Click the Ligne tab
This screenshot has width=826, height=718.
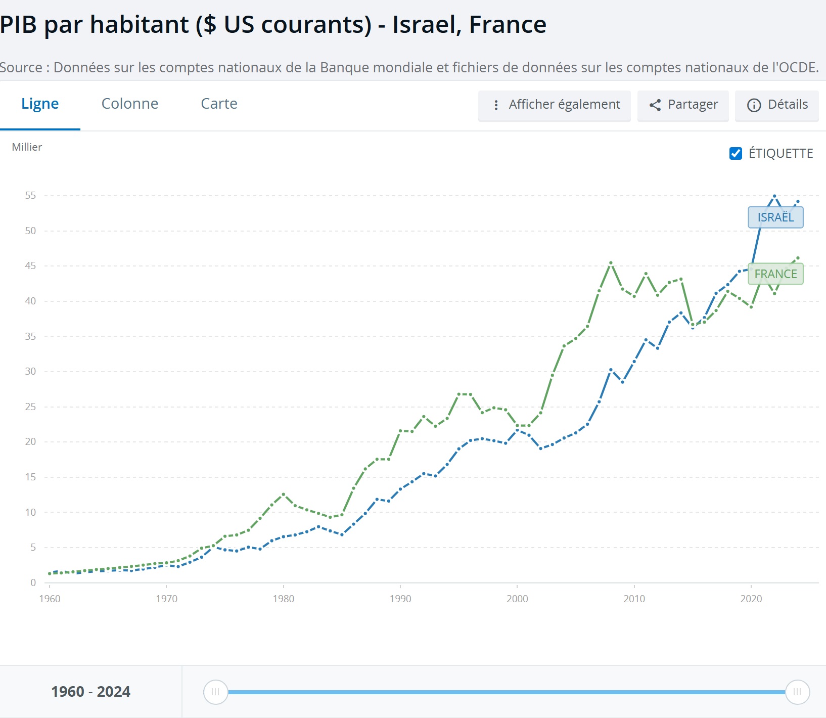tap(40, 104)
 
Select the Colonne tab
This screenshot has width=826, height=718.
tap(130, 104)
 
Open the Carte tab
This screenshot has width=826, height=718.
tap(219, 104)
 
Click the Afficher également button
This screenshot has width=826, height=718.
tap(555, 105)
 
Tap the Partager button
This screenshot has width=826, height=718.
tap(683, 105)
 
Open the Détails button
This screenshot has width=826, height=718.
tap(777, 105)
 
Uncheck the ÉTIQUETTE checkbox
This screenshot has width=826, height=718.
tap(736, 153)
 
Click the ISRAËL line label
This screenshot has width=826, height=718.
tap(775, 217)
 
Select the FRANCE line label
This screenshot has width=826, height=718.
tap(775, 274)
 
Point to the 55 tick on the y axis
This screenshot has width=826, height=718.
tap(30, 196)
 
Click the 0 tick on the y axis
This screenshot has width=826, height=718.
tap(33, 582)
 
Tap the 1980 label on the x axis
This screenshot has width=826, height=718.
tap(283, 599)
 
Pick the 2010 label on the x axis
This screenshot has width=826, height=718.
tap(634, 599)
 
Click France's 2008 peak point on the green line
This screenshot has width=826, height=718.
tap(611, 263)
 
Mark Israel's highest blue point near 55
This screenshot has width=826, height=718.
tap(774, 196)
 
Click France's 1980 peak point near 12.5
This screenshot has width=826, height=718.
tap(283, 494)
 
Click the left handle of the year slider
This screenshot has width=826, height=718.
tap(215, 692)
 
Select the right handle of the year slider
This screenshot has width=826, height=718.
tap(797, 692)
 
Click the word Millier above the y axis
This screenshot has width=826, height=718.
tap(27, 147)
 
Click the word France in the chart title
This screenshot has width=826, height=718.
tap(508, 24)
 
